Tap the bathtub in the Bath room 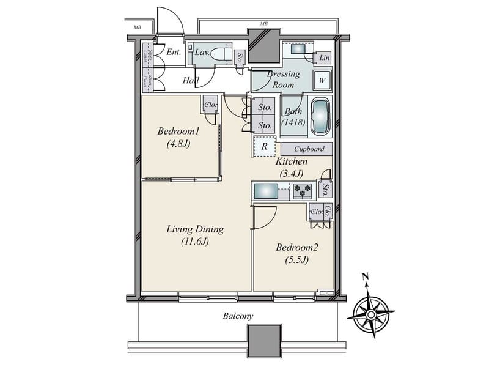pyautogui.click(x=321, y=116)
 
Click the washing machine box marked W pyautogui.click(x=322, y=80)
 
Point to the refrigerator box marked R pyautogui.click(x=265, y=147)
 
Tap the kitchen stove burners pyautogui.click(x=302, y=192)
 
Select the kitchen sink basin pyautogui.click(x=265, y=191)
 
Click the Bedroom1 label pyautogui.click(x=178, y=132)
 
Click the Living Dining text pyautogui.click(x=195, y=230)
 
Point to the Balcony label pyautogui.click(x=238, y=316)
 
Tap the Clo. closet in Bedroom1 pyautogui.click(x=209, y=105)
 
